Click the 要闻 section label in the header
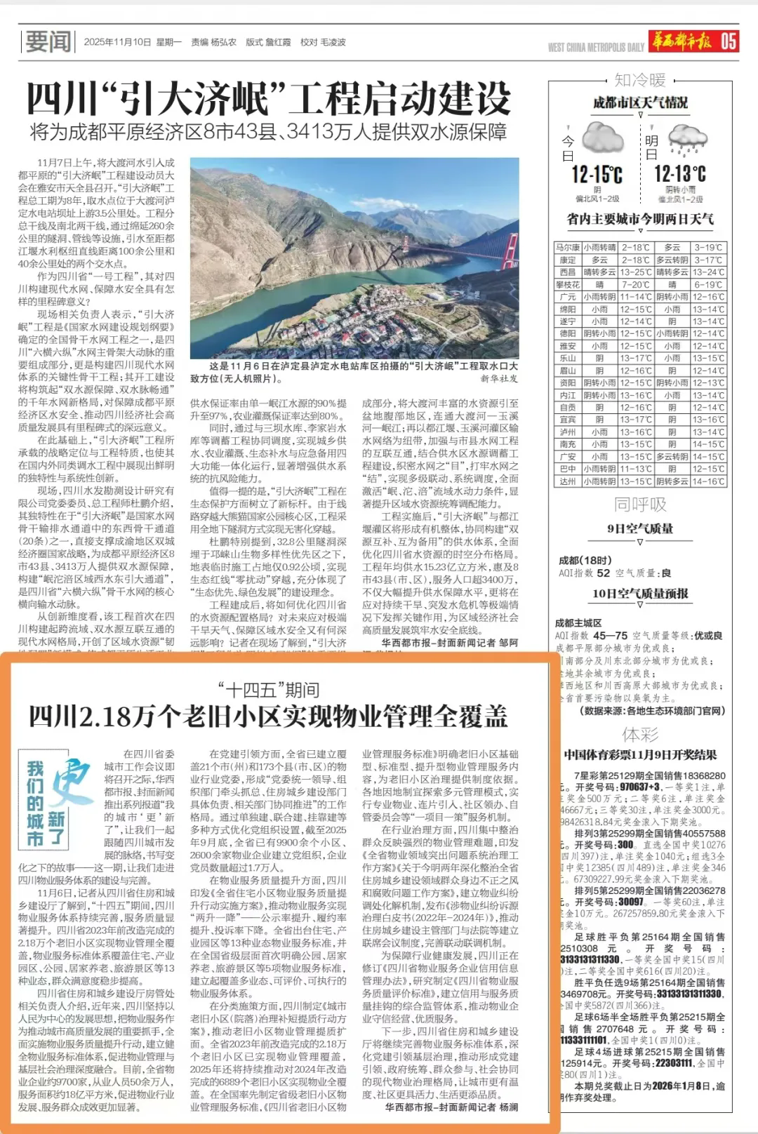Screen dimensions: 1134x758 48,42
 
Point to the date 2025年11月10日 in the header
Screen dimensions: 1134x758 117,42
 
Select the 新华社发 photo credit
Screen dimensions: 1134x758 499,379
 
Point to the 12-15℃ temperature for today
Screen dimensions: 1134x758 597,174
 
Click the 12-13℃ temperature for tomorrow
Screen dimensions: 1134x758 680,174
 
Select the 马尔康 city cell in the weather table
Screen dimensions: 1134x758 567,248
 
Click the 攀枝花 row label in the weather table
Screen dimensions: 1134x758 567,285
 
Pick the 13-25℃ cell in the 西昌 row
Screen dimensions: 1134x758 636,272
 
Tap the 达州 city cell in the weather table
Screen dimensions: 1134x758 567,481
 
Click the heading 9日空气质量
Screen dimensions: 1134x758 640,528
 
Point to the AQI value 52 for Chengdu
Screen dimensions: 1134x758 604,573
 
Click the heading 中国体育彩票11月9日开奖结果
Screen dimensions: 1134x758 640,755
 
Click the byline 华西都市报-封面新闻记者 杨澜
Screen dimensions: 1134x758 451,1107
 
